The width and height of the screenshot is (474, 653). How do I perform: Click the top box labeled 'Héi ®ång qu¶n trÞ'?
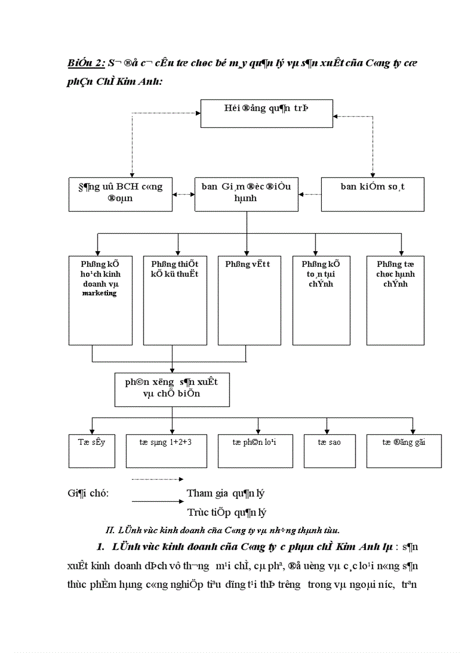pyautogui.click(x=266, y=113)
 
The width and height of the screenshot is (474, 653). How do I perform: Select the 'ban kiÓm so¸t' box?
pyautogui.click(x=372, y=194)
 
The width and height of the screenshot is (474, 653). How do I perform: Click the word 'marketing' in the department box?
pyautogui.click(x=99, y=293)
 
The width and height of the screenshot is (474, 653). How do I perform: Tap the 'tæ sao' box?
pyautogui.click(x=329, y=450)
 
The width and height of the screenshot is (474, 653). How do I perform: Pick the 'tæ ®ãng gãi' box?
pyautogui.click(x=403, y=450)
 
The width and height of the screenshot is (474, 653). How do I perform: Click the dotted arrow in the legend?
pyautogui.click(x=157, y=479)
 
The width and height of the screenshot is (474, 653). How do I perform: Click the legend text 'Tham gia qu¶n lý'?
pyautogui.click(x=225, y=493)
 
